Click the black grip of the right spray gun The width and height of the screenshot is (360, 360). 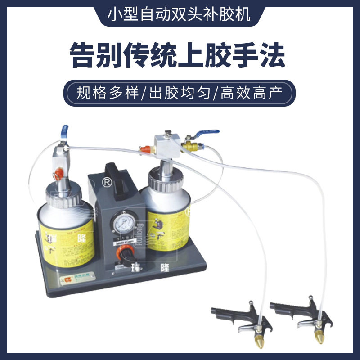pyautogui.click(x=288, y=310)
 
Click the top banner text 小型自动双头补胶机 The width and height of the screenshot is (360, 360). pyautogui.click(x=180, y=15)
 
